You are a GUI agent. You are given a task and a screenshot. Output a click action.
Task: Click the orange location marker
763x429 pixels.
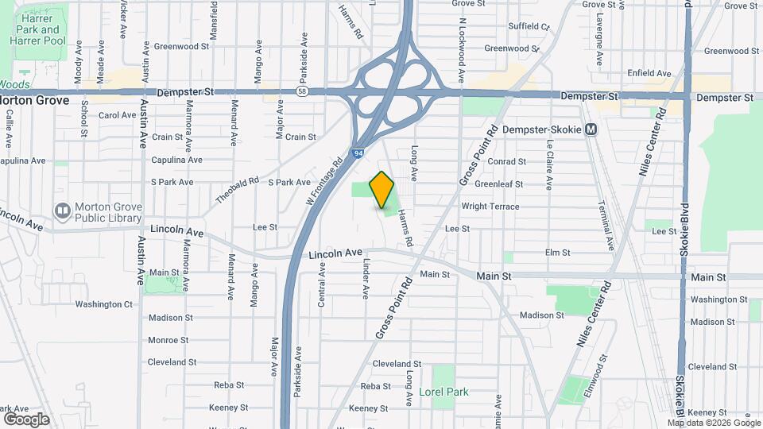point(381,189)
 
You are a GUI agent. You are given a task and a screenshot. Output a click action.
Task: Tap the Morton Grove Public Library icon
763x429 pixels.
point(62,211)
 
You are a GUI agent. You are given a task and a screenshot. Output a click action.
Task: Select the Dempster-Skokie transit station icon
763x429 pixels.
point(591,129)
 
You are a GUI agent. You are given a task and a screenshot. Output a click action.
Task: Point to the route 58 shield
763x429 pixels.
point(302,92)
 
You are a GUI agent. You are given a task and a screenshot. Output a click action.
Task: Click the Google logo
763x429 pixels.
point(26,419)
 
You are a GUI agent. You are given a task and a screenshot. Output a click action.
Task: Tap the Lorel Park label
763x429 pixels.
point(443,392)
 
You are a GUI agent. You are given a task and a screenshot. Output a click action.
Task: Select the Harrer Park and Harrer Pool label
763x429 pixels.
point(37,29)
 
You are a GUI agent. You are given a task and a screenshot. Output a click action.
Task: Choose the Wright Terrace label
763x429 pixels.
point(490,207)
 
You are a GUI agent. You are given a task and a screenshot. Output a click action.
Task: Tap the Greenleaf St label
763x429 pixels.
point(498,184)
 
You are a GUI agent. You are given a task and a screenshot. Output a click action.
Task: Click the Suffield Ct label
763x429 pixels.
point(529,26)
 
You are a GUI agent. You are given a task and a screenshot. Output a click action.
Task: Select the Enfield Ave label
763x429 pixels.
point(649,73)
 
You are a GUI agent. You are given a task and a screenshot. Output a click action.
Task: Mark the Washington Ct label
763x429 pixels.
point(103,304)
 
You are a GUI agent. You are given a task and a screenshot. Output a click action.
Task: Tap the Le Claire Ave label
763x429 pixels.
point(549,164)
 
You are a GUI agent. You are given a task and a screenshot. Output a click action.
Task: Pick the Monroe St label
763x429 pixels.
point(168,340)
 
